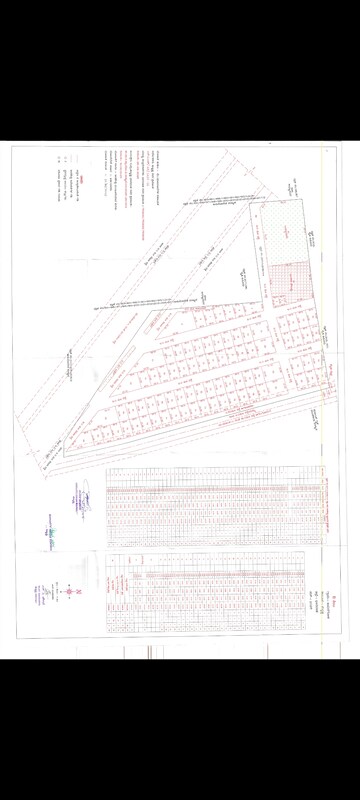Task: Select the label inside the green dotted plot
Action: tap(286, 231)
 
